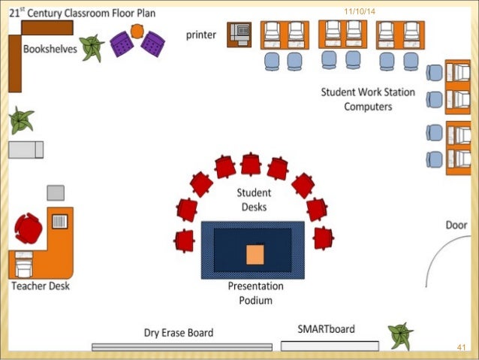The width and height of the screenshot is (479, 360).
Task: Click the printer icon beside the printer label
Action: pos(239,35)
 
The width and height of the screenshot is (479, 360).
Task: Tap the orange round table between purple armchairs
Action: pos(137,31)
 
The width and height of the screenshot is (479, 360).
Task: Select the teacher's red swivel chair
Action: pos(29,228)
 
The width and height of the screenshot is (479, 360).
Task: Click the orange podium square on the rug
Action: pos(255,255)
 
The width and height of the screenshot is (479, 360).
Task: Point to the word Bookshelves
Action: pos(50,49)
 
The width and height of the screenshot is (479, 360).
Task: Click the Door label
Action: pos(456,225)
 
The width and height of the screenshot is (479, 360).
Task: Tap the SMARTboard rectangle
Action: pos(330,346)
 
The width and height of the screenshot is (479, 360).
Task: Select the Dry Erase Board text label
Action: pos(179,333)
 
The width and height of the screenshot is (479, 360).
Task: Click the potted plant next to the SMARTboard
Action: pos(400,335)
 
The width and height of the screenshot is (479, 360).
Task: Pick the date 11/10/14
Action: pos(360,11)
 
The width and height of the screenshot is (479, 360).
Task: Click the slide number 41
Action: pos(461,347)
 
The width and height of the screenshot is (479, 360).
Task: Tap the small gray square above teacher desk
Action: pos(56,193)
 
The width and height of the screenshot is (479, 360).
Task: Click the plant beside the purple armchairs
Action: pos(92,47)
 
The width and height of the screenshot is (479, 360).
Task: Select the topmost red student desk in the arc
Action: pos(251,165)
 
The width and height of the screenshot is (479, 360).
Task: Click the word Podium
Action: pos(256,301)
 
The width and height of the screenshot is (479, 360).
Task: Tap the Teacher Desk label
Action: pos(41,286)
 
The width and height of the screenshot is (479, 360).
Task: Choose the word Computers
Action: pos(368,107)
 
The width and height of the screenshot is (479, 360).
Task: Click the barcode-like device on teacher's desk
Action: pos(60,222)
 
